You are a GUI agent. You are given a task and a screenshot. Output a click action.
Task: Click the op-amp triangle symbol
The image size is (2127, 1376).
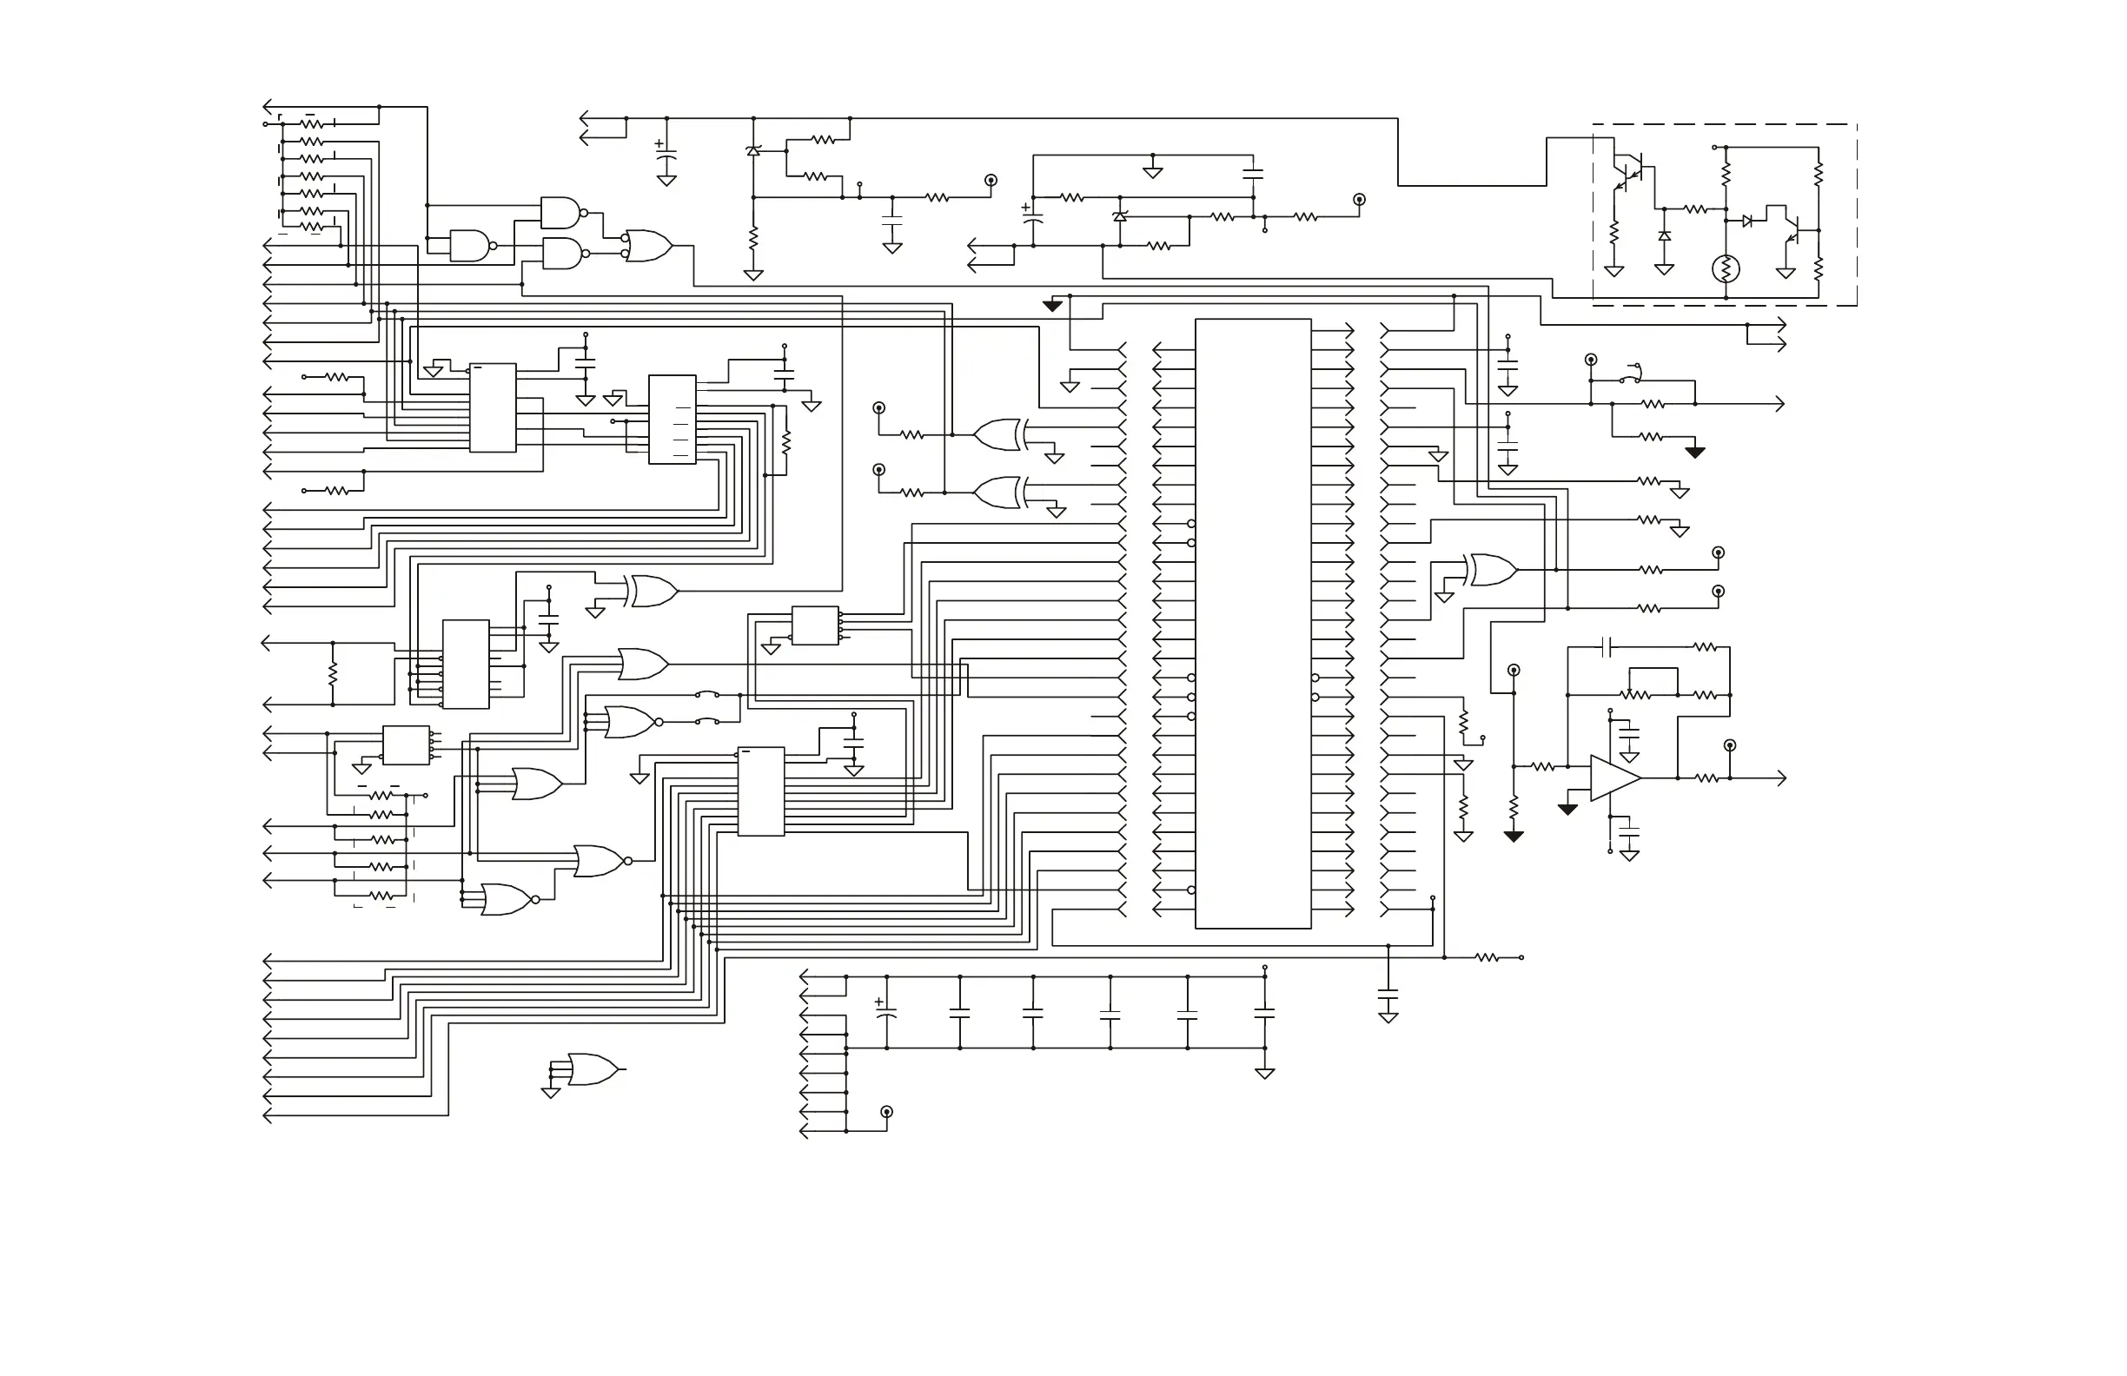coord(1614,778)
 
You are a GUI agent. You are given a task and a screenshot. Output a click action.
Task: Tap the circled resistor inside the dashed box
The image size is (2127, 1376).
coord(1725,268)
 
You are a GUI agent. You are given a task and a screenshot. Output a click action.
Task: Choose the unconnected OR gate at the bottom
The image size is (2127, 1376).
coord(592,1069)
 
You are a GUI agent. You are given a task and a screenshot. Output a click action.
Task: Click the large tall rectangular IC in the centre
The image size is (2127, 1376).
coord(1253,624)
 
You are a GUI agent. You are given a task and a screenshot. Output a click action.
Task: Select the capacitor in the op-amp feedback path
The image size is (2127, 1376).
coord(1607,647)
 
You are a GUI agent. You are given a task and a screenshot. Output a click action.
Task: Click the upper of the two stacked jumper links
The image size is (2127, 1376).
coord(708,694)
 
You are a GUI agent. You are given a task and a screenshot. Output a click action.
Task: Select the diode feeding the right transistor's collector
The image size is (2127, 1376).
coord(1746,221)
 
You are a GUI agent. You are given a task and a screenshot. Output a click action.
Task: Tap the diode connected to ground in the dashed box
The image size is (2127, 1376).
coord(1664,236)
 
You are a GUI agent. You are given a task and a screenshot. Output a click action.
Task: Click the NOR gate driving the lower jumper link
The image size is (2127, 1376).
coord(631,722)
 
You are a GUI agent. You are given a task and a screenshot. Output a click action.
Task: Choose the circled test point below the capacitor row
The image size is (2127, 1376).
coord(886,1112)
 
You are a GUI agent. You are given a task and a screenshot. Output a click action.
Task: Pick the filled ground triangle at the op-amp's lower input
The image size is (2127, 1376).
coord(1567,810)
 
